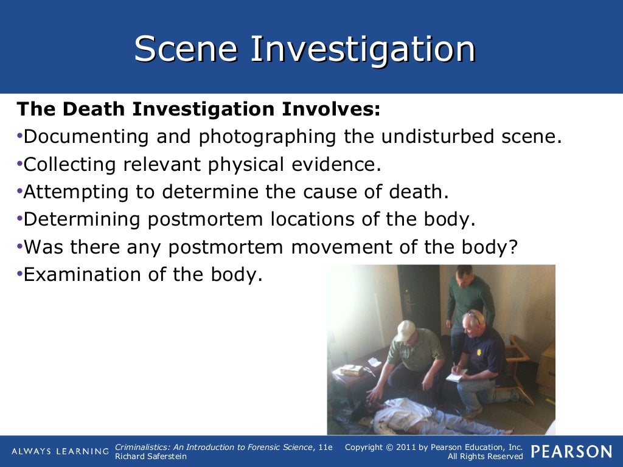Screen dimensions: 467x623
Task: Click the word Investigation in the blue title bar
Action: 363,50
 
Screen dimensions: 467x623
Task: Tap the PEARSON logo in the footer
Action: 571,451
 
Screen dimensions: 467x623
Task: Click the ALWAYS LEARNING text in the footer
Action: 60,451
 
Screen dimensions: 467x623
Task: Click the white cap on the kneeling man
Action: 405,330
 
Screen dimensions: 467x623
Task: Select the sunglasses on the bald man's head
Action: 475,316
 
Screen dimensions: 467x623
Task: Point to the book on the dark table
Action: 352,369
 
